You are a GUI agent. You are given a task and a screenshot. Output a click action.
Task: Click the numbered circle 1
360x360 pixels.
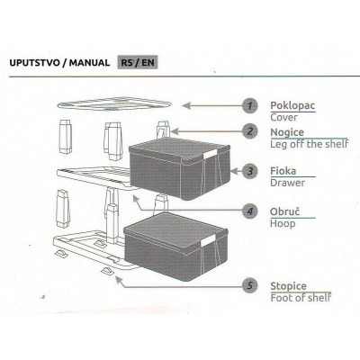(250, 105)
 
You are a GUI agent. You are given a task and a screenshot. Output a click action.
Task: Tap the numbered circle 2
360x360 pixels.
(250, 131)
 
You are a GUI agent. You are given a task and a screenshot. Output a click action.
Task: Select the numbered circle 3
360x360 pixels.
(250, 171)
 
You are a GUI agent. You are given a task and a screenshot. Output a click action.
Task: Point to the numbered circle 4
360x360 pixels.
(250, 211)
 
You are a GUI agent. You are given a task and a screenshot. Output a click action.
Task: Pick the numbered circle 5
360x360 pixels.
(250, 285)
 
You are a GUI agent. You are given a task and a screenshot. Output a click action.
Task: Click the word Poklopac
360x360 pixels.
(292, 105)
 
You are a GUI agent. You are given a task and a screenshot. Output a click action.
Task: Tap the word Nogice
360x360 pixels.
(287, 132)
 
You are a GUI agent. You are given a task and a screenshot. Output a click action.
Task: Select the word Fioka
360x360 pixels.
(283, 171)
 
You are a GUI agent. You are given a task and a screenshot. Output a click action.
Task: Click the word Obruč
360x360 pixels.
(284, 211)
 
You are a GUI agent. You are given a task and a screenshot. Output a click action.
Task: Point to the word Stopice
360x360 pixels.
(288, 286)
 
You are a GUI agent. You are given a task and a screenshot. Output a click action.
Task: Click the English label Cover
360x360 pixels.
(283, 117)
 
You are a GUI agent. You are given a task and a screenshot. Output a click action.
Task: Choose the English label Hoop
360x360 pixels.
(283, 224)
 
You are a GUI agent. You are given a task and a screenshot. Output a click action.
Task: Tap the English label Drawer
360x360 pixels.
(287, 183)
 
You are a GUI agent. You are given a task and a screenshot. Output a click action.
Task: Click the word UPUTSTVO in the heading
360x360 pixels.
(34, 63)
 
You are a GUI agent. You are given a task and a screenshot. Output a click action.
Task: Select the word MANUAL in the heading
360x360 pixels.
(89, 63)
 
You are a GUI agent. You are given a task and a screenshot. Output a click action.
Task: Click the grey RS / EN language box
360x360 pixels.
(138, 63)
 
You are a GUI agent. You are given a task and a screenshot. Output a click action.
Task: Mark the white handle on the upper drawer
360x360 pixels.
(210, 156)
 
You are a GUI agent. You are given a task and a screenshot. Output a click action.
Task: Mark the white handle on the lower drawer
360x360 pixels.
(208, 240)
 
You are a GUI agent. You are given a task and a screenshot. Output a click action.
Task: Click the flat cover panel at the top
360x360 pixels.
(114, 103)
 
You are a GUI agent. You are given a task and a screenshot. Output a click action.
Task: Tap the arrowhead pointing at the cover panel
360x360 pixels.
(186, 105)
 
